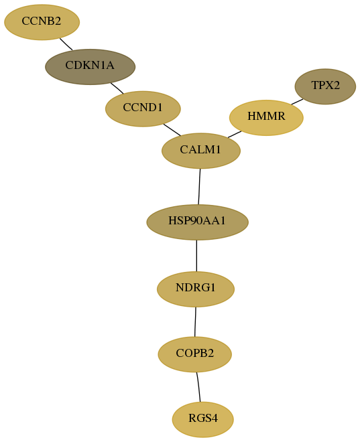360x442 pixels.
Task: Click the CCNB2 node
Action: [42, 22]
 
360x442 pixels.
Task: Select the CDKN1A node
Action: [91, 67]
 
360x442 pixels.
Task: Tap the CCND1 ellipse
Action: [143, 108]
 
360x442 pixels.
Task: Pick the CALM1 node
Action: [201, 151]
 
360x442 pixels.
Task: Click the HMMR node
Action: [266, 118]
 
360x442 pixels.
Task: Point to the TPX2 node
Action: [325, 86]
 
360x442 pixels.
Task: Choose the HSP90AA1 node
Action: [197, 222]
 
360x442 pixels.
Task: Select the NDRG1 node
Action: [196, 289]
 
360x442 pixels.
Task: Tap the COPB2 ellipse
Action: [194, 354]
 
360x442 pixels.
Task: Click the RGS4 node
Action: [203, 419]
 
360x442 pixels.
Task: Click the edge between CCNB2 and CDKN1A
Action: [66, 44]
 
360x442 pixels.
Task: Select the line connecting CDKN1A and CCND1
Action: [117, 88]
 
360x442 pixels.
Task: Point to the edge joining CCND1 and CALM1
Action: [172, 130]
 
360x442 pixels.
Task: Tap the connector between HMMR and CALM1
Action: [235, 134]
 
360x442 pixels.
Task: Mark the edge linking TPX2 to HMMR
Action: [297, 102]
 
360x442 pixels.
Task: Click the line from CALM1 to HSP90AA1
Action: [199, 187]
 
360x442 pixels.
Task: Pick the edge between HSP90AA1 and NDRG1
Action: [196, 256]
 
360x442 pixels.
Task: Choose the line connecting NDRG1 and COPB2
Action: [195, 321]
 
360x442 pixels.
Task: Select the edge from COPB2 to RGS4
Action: [198, 387]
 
